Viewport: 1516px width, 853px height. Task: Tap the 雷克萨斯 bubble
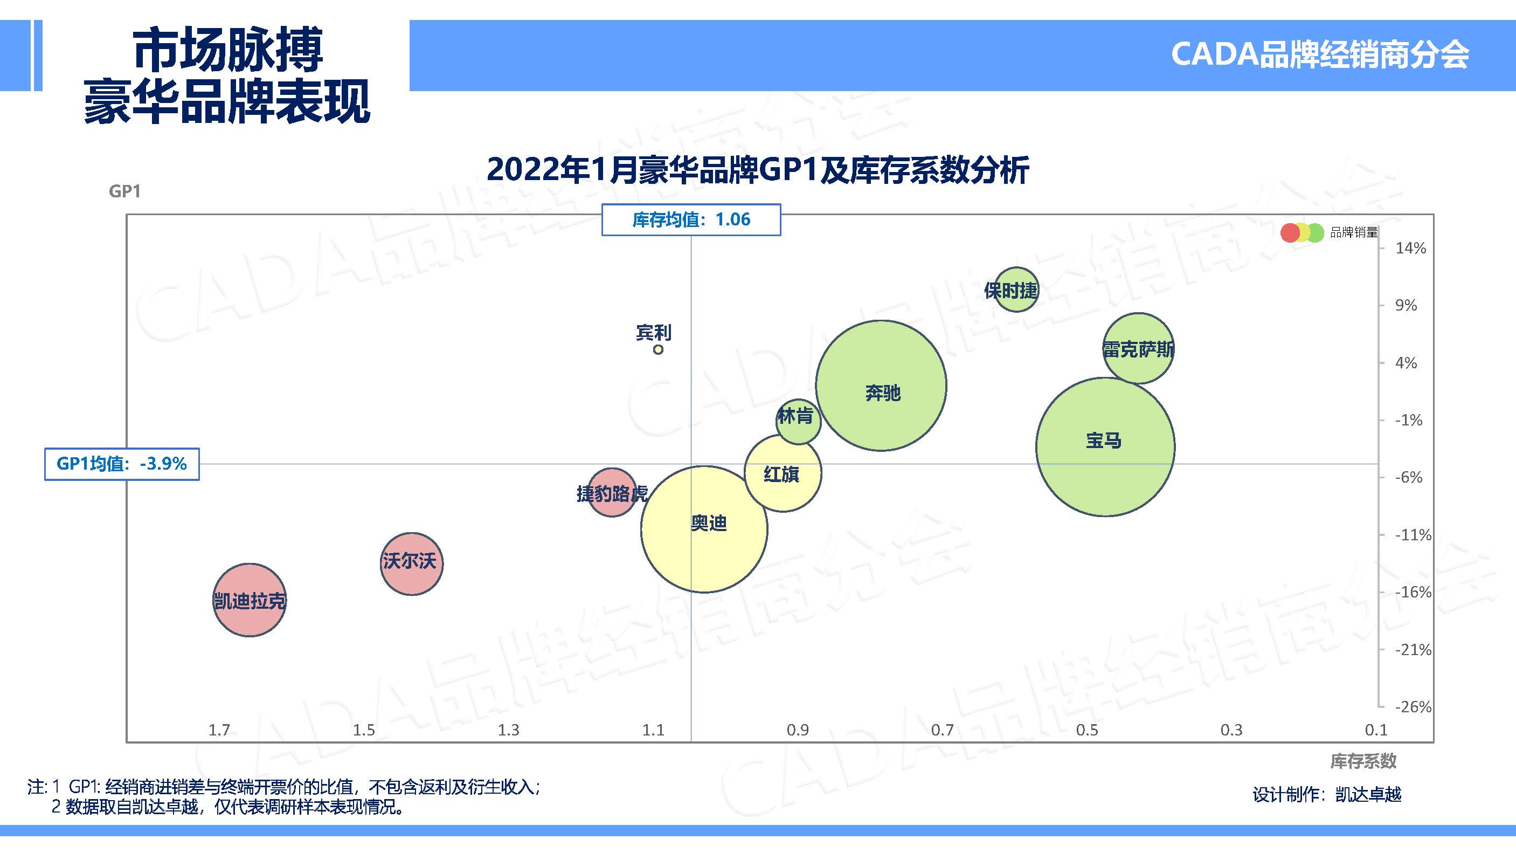click(1138, 348)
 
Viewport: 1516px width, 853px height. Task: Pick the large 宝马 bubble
click(1105, 446)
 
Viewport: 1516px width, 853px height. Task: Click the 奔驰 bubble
click(881, 386)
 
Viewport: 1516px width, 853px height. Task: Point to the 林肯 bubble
click(798, 421)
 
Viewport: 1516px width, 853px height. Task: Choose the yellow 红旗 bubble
click(783, 473)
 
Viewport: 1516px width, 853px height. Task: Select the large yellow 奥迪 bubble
click(704, 528)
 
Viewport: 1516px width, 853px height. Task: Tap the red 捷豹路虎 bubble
click(612, 492)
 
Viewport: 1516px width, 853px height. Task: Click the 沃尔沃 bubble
click(411, 563)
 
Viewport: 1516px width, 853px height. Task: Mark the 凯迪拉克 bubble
click(250, 600)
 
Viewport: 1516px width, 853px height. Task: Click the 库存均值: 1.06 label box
click(691, 219)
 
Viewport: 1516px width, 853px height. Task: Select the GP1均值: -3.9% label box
click(122, 464)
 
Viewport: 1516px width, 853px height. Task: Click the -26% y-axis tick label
click(1413, 706)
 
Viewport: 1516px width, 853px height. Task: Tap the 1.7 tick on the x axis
click(219, 730)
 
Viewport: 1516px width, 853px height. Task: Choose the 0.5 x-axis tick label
click(1086, 730)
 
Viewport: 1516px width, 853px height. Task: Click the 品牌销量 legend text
click(1354, 232)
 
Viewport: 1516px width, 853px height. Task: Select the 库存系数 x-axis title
click(1363, 761)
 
